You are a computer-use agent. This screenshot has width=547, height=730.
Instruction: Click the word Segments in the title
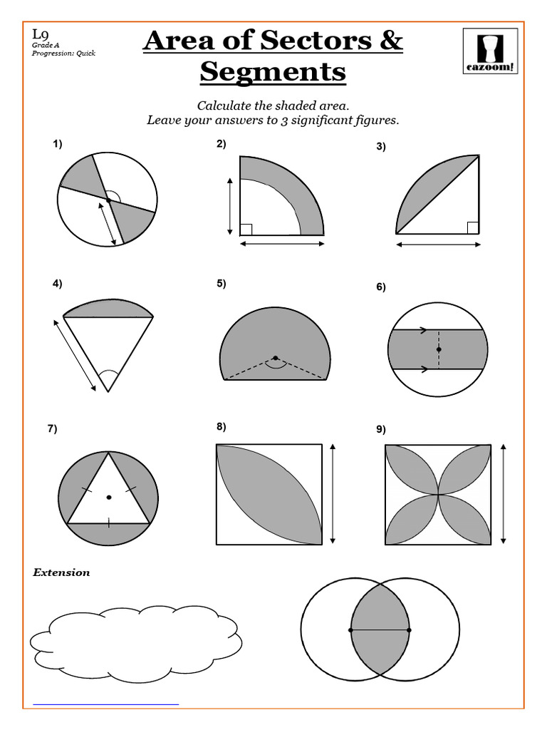[x=273, y=72]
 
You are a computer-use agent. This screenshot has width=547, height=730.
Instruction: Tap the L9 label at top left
[x=41, y=34]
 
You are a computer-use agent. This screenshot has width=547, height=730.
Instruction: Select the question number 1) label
[x=57, y=144]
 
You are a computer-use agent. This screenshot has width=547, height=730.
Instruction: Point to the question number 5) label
[x=221, y=284]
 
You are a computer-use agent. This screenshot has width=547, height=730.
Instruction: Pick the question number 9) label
[x=381, y=429]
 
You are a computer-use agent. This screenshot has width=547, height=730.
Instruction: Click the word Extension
[x=61, y=572]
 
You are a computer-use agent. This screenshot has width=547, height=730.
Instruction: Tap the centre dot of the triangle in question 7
[x=108, y=497]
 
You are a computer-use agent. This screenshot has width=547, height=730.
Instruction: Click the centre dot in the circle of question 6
[x=439, y=349]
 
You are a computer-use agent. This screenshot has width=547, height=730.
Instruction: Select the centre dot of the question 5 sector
[x=275, y=358]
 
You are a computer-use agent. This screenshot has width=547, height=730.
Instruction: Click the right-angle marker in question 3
[x=472, y=227]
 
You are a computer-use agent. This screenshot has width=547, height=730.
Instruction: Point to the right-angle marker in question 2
[x=246, y=229]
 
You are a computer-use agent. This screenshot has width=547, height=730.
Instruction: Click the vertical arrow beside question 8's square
[x=333, y=493]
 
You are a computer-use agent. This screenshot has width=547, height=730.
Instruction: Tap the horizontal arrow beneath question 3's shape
[x=438, y=245]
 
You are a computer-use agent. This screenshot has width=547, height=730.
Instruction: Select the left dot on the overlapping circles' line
[x=350, y=630]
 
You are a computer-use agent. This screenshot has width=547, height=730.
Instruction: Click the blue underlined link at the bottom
[x=106, y=704]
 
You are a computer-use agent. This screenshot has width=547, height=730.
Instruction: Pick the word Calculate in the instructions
[x=226, y=106]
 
